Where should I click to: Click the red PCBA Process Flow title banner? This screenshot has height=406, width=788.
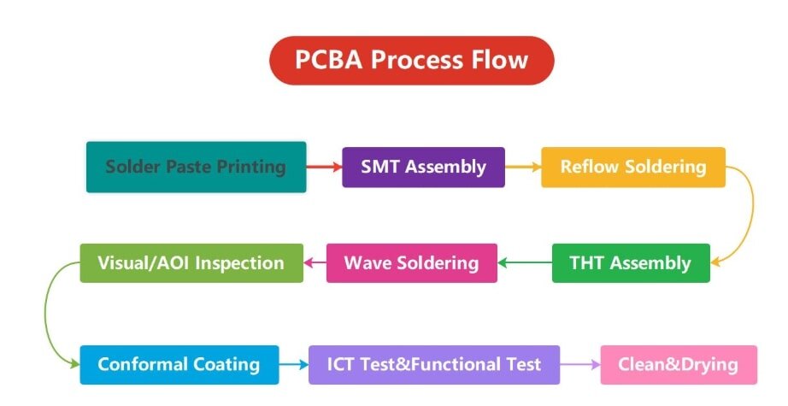click(x=411, y=61)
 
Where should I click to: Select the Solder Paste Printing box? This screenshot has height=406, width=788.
click(x=196, y=167)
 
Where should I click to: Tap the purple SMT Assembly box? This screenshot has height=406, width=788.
click(x=423, y=167)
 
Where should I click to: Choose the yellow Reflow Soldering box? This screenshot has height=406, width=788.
click(x=632, y=167)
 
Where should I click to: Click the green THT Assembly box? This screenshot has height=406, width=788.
click(x=631, y=262)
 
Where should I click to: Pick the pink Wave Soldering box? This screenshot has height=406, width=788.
click(x=411, y=262)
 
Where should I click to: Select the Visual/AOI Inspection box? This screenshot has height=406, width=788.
click(x=191, y=262)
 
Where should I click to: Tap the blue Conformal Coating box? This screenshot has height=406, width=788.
click(x=179, y=364)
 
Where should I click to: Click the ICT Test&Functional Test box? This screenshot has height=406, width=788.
click(x=433, y=364)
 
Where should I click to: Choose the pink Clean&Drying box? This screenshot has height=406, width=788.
click(x=679, y=364)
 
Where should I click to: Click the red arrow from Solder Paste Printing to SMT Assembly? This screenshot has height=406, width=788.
click(x=324, y=168)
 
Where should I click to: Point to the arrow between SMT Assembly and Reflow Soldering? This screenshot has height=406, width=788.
click(x=522, y=168)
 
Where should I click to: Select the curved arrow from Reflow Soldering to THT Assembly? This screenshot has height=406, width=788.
click(x=750, y=214)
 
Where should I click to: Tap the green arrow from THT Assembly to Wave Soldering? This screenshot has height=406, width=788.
click(x=525, y=262)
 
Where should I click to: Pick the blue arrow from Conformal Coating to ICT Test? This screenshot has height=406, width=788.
click(x=293, y=365)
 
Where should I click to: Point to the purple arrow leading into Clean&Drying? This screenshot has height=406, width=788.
click(x=580, y=365)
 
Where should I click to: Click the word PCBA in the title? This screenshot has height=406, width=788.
click(x=329, y=61)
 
